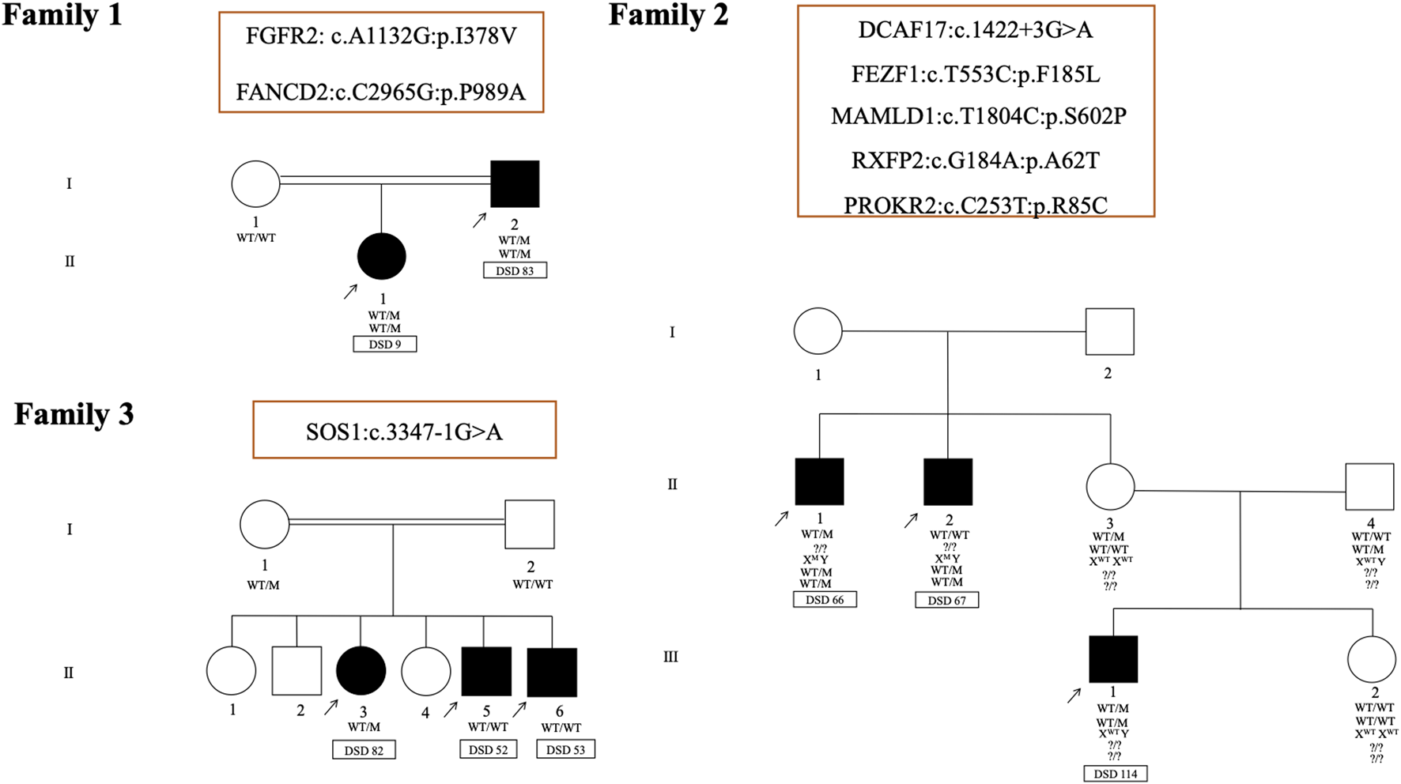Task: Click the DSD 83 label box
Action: click(515, 270)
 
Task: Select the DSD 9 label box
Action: click(384, 344)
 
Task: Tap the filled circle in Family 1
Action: click(382, 257)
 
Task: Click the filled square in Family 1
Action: click(515, 184)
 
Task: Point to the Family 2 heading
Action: click(668, 15)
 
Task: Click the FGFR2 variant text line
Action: click(381, 36)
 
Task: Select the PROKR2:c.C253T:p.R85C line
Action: click(975, 205)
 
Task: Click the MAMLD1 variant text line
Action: click(978, 116)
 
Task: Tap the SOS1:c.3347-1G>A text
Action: click(404, 432)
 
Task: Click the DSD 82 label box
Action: click(364, 750)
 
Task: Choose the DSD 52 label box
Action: click(488, 749)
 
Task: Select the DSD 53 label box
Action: click(565, 749)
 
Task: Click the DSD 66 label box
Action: click(825, 600)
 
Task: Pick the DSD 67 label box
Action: click(946, 601)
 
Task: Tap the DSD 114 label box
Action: click(1115, 774)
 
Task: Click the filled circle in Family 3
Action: click(361, 671)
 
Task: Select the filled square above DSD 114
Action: click(1113, 659)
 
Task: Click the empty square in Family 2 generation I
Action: click(1109, 332)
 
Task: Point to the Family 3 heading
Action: click(74, 414)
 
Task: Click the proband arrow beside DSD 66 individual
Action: click(781, 518)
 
